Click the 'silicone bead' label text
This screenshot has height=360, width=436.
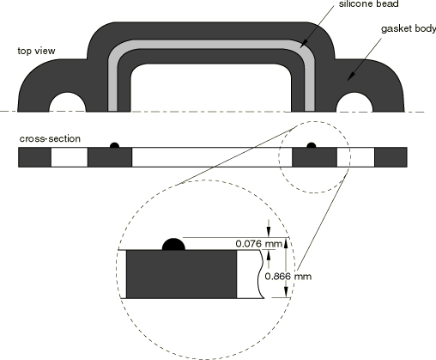(368, 3)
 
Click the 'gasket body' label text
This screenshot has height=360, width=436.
(409, 29)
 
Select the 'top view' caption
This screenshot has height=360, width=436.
(36, 51)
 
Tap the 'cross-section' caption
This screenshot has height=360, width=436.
(50, 138)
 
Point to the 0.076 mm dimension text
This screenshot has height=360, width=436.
(258, 244)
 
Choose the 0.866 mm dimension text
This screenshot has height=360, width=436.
(288, 277)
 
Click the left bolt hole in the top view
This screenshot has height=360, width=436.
(68, 102)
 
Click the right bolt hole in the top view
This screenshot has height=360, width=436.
(354, 102)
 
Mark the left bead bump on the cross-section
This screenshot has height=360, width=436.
(114, 145)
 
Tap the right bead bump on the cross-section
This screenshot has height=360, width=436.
(312, 145)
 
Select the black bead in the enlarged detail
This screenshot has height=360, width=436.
(173, 245)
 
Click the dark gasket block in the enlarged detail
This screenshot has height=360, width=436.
(181, 274)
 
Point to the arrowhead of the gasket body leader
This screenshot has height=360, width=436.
(351, 76)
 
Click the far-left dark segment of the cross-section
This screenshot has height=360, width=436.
(34, 157)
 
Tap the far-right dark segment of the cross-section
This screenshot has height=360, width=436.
(391, 157)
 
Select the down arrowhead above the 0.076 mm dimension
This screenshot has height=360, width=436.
(269, 232)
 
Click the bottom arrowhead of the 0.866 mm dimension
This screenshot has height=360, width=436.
(286, 292)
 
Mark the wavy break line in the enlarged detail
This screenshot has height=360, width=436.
(261, 274)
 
